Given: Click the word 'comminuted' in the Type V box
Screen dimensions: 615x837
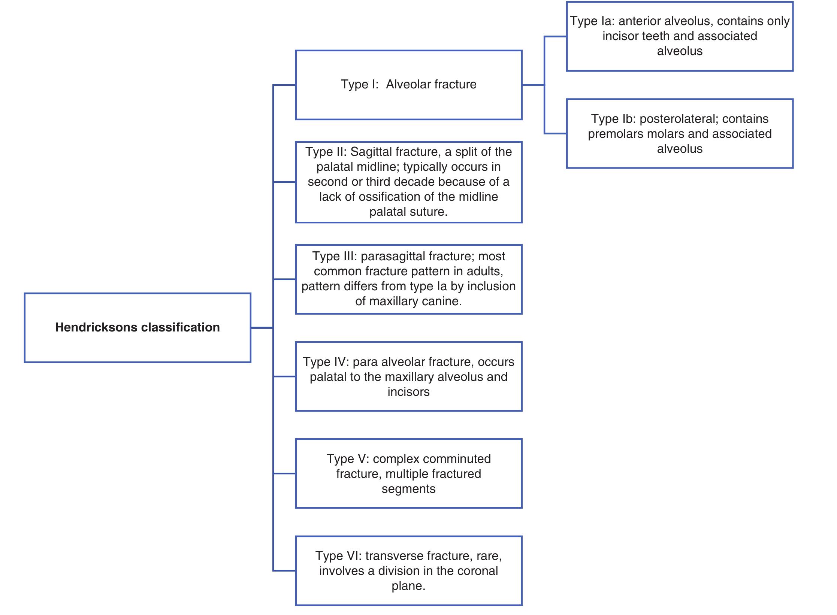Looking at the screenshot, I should point(432,459).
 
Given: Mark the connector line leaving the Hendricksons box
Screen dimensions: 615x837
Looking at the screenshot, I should point(262,328).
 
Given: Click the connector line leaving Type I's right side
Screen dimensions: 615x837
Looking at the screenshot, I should point(533,85).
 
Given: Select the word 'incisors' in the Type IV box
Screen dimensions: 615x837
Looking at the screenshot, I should point(408,392).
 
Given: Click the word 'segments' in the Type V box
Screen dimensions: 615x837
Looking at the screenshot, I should point(408,489).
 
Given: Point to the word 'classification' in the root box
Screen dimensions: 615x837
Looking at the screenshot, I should point(180,327).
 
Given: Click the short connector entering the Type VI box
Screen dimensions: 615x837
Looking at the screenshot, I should point(284,571).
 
